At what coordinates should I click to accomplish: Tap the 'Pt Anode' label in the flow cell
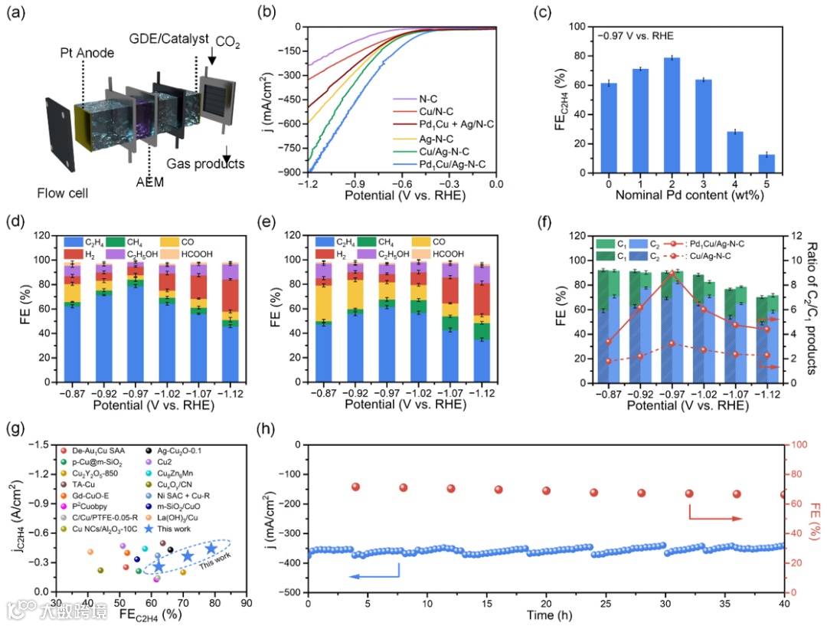[87, 54]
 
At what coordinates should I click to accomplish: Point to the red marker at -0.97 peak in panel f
[672, 273]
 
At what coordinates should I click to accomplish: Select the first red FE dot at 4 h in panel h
[355, 487]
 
